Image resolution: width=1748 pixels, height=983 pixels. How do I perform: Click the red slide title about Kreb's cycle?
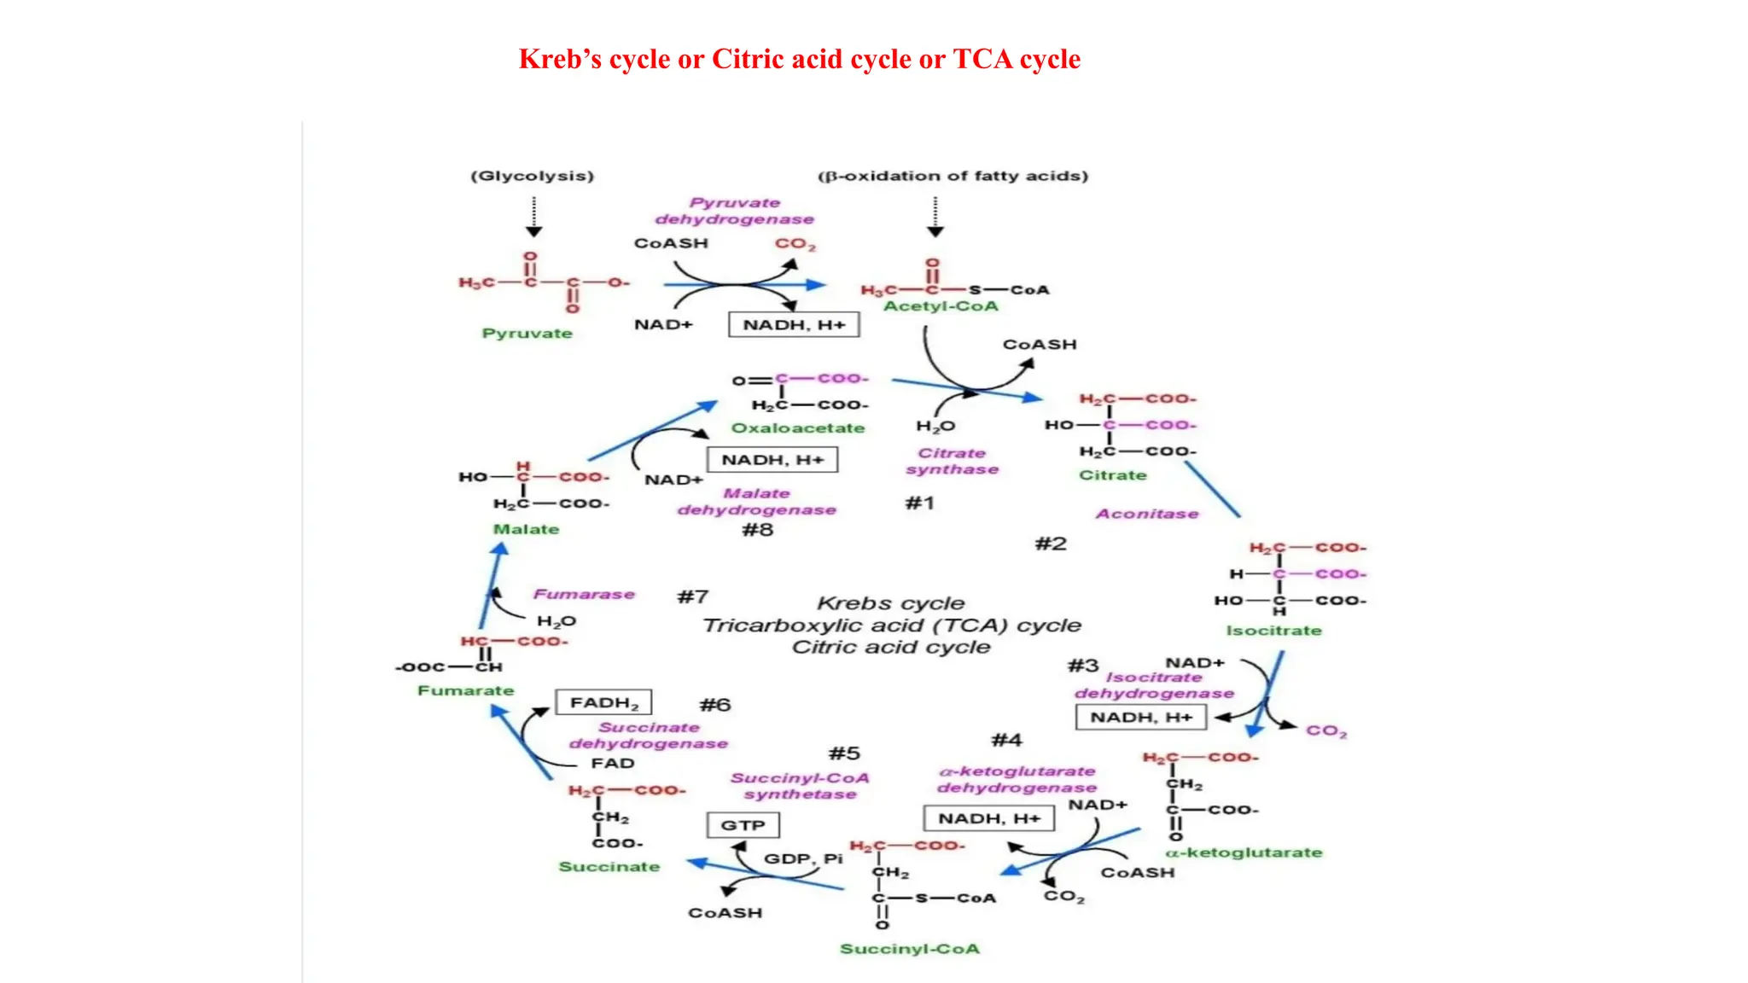(x=799, y=59)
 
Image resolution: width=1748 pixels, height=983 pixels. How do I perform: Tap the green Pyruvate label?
(x=527, y=334)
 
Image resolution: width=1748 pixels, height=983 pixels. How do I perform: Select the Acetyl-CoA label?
(x=940, y=306)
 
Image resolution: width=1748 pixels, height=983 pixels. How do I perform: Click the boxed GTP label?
(x=743, y=825)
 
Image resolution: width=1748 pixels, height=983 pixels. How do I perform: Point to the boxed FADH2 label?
(x=603, y=702)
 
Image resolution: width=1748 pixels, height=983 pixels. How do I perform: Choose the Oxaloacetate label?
(x=797, y=428)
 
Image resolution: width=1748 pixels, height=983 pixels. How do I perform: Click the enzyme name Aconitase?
(x=1147, y=514)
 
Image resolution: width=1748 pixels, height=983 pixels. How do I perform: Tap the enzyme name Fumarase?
(x=584, y=594)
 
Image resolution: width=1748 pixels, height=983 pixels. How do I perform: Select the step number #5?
(x=844, y=753)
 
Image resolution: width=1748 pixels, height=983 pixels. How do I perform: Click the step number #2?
(x=1051, y=544)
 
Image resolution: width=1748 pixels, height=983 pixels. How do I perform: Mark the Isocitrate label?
(x=1273, y=631)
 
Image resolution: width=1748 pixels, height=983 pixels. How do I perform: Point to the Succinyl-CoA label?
(x=909, y=949)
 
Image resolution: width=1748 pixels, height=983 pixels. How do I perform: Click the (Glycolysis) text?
(x=532, y=176)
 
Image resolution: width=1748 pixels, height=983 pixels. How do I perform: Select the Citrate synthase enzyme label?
(x=952, y=462)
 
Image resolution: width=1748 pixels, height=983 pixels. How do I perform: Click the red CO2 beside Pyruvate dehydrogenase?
(x=795, y=244)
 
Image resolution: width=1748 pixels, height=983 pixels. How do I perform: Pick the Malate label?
(x=526, y=529)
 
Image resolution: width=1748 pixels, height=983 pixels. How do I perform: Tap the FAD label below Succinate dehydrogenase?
(x=612, y=763)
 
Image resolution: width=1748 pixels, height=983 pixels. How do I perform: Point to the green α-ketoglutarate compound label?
(x=1244, y=852)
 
